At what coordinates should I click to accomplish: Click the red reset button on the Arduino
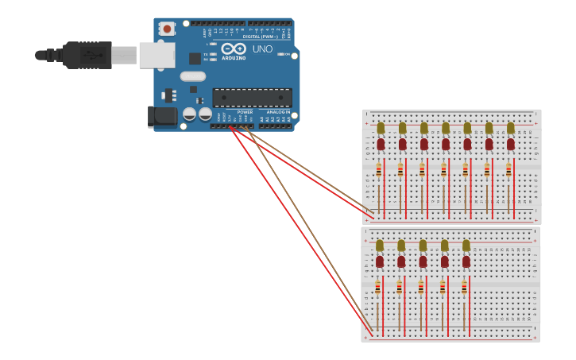(167, 29)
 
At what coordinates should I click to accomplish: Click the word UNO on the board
(262, 49)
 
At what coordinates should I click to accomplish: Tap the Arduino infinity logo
(234, 48)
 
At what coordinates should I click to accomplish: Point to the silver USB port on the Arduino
(157, 55)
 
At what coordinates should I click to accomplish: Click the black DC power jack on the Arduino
(163, 117)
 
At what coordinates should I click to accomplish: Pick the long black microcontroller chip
(251, 98)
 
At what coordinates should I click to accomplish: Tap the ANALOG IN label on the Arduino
(278, 112)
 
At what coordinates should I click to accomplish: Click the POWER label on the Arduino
(245, 112)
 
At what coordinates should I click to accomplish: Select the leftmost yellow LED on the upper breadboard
(381, 128)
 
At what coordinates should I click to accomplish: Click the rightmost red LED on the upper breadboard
(510, 144)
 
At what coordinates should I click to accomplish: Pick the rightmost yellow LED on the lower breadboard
(466, 246)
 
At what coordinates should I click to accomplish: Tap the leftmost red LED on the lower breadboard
(380, 261)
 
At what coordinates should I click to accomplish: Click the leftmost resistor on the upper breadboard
(379, 170)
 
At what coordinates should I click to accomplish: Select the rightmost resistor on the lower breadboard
(464, 288)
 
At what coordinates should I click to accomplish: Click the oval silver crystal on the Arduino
(192, 76)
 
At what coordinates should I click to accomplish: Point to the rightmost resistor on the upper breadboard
(508, 170)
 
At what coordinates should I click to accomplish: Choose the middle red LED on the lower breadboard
(423, 261)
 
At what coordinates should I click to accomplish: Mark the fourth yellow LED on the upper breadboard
(446, 128)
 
